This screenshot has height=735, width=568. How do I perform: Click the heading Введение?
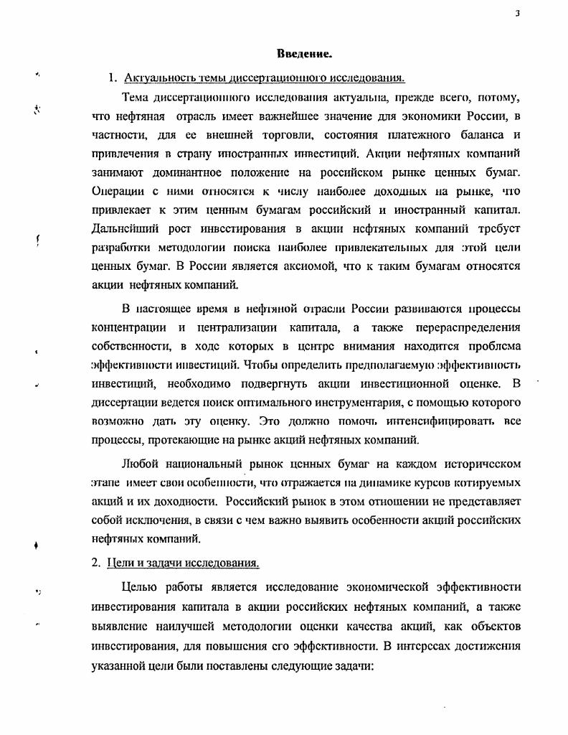[x=304, y=54]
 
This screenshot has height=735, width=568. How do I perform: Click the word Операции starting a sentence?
[x=118, y=191]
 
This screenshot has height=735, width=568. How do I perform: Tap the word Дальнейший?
[x=123, y=228]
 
